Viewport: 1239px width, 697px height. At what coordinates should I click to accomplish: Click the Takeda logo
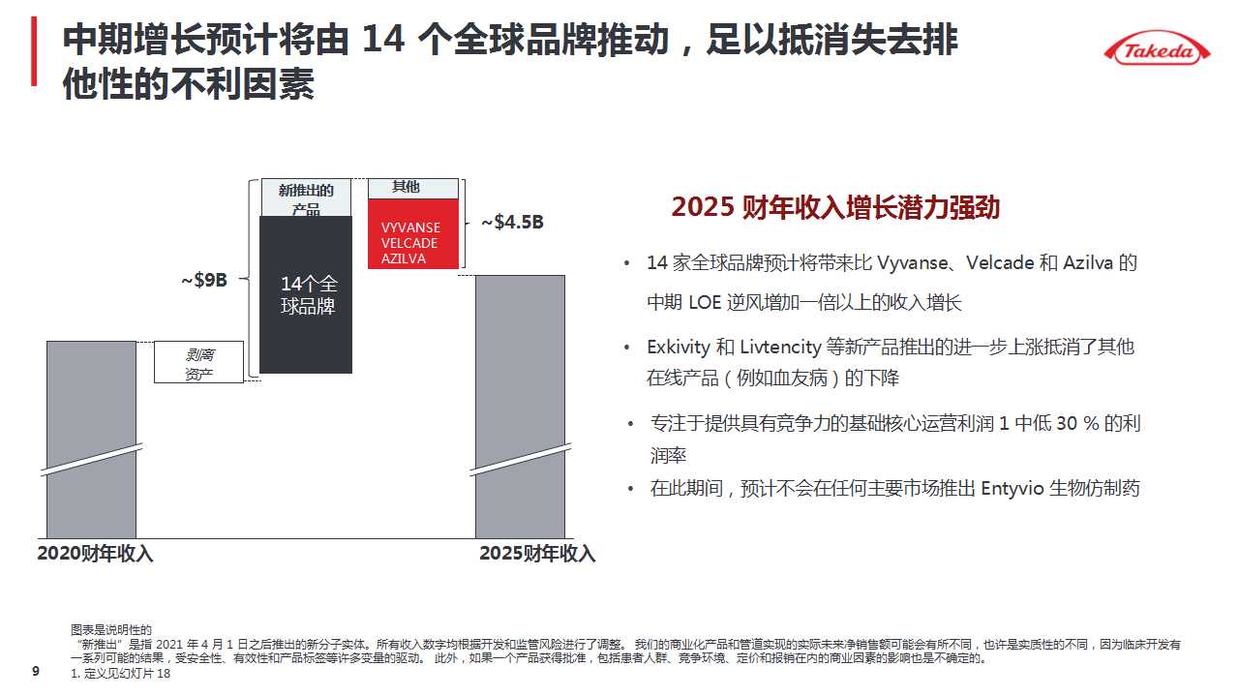(x=1160, y=50)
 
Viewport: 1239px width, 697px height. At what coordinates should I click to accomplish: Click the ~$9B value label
(x=203, y=281)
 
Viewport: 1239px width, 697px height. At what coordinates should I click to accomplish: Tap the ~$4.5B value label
(x=512, y=223)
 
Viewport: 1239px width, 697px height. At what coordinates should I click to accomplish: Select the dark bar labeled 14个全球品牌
(x=306, y=295)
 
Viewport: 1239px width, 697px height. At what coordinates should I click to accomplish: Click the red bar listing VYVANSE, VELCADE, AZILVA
(x=412, y=233)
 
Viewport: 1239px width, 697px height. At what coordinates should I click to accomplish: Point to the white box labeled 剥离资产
(x=198, y=363)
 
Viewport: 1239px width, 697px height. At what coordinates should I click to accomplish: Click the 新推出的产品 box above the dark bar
(x=306, y=198)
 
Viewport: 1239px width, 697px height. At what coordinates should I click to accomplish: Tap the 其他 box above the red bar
(x=412, y=188)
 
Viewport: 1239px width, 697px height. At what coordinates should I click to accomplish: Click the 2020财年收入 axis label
(x=95, y=554)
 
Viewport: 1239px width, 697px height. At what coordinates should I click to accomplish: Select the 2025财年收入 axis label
(x=537, y=554)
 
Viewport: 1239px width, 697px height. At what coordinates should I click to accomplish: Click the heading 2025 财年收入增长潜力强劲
(x=835, y=208)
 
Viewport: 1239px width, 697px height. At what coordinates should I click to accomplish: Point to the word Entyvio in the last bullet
(x=1012, y=488)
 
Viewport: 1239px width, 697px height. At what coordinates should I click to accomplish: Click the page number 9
(x=37, y=671)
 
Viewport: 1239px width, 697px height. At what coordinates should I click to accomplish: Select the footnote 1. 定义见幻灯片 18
(x=121, y=674)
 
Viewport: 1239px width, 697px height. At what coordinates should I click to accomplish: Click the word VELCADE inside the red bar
(x=409, y=243)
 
